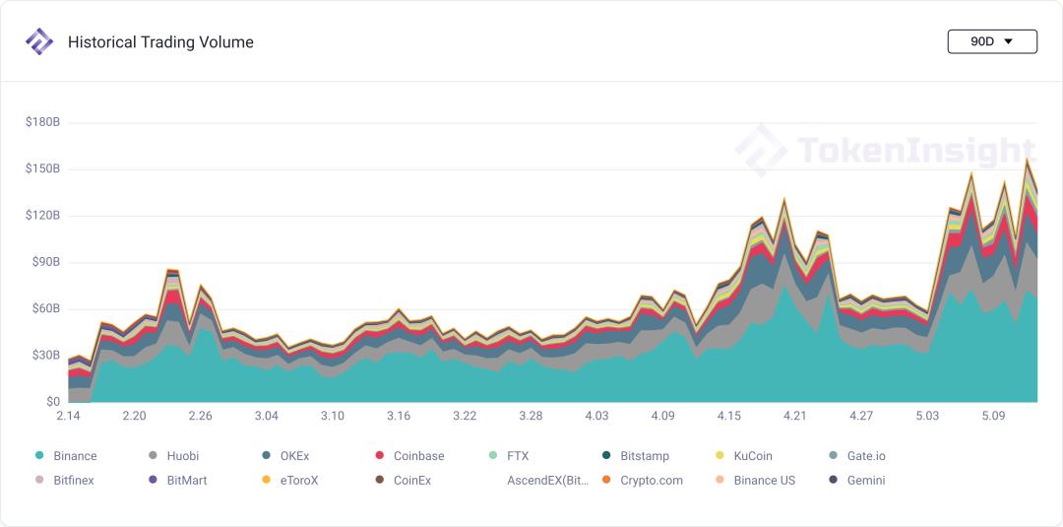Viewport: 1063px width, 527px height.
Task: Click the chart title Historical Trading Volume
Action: coord(160,42)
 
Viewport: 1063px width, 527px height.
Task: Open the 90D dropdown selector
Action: coord(991,41)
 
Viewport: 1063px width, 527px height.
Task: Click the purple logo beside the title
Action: coord(39,41)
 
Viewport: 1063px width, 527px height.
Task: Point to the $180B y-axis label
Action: coord(42,122)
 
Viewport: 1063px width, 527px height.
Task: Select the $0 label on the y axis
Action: coord(51,402)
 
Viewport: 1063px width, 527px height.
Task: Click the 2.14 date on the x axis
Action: coord(68,417)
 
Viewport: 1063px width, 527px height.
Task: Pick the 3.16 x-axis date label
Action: coord(398,417)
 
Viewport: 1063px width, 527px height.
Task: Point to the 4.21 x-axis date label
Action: coord(794,417)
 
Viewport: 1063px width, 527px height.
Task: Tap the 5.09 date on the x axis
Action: coord(993,417)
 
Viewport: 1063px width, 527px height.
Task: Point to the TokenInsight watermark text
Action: coord(915,151)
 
